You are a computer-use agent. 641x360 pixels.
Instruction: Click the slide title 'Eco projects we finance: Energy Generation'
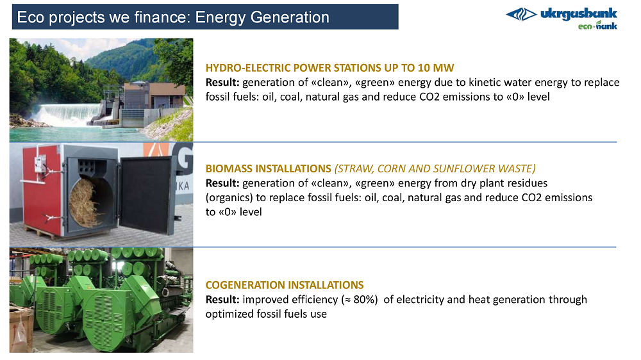[x=173, y=17]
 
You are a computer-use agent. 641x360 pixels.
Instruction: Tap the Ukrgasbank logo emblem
[x=521, y=14]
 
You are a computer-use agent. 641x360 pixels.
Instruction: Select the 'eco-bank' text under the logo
[x=597, y=26]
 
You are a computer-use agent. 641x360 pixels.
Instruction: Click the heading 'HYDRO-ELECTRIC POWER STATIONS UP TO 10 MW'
[x=329, y=68]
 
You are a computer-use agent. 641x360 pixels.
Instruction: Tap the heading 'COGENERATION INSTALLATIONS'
[x=285, y=285]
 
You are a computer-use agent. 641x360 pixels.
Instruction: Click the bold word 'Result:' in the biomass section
[x=222, y=183]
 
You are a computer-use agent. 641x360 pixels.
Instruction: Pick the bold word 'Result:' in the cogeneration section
[x=222, y=300]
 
